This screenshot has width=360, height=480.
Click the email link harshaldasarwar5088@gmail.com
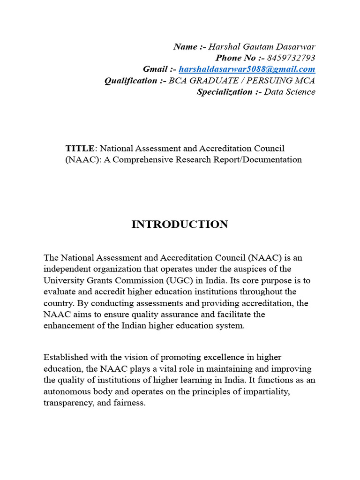click(x=247, y=69)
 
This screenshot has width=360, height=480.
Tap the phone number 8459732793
click(x=291, y=58)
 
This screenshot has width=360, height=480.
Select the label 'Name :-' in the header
click(x=189, y=46)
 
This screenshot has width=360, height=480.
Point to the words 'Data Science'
click(x=290, y=92)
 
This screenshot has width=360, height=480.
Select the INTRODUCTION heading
click(x=180, y=225)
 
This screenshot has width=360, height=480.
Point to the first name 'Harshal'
click(x=223, y=46)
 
